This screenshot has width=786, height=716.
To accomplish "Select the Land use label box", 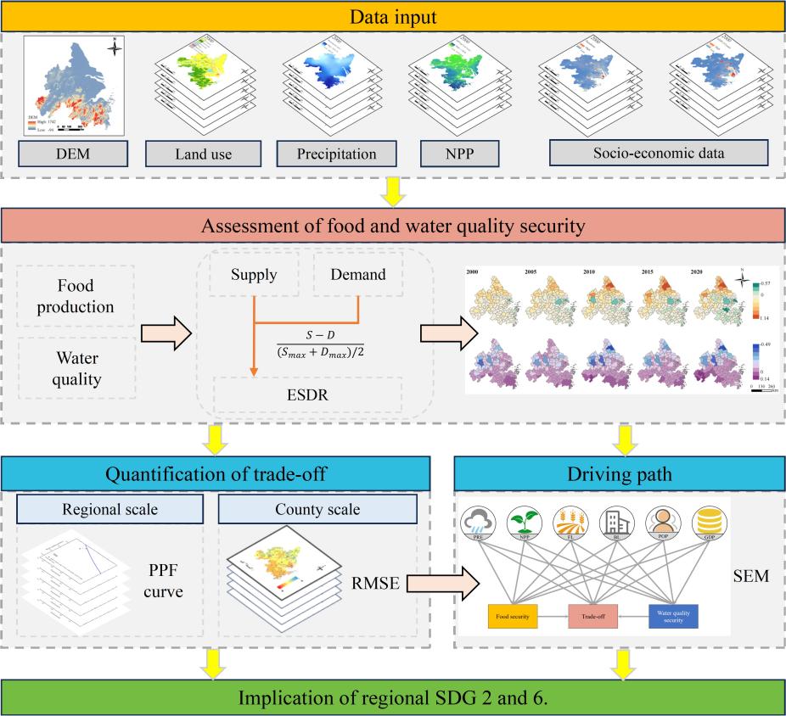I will click(x=204, y=154).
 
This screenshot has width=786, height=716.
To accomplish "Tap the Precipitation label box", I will click(x=337, y=154).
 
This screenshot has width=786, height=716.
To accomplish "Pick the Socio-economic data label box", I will click(x=659, y=154).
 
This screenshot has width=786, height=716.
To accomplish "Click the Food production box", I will click(x=75, y=294).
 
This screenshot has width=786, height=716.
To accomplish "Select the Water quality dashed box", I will click(x=75, y=367).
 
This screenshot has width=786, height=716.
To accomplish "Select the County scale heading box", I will click(x=317, y=510).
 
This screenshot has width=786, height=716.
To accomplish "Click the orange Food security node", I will click(x=514, y=617).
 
